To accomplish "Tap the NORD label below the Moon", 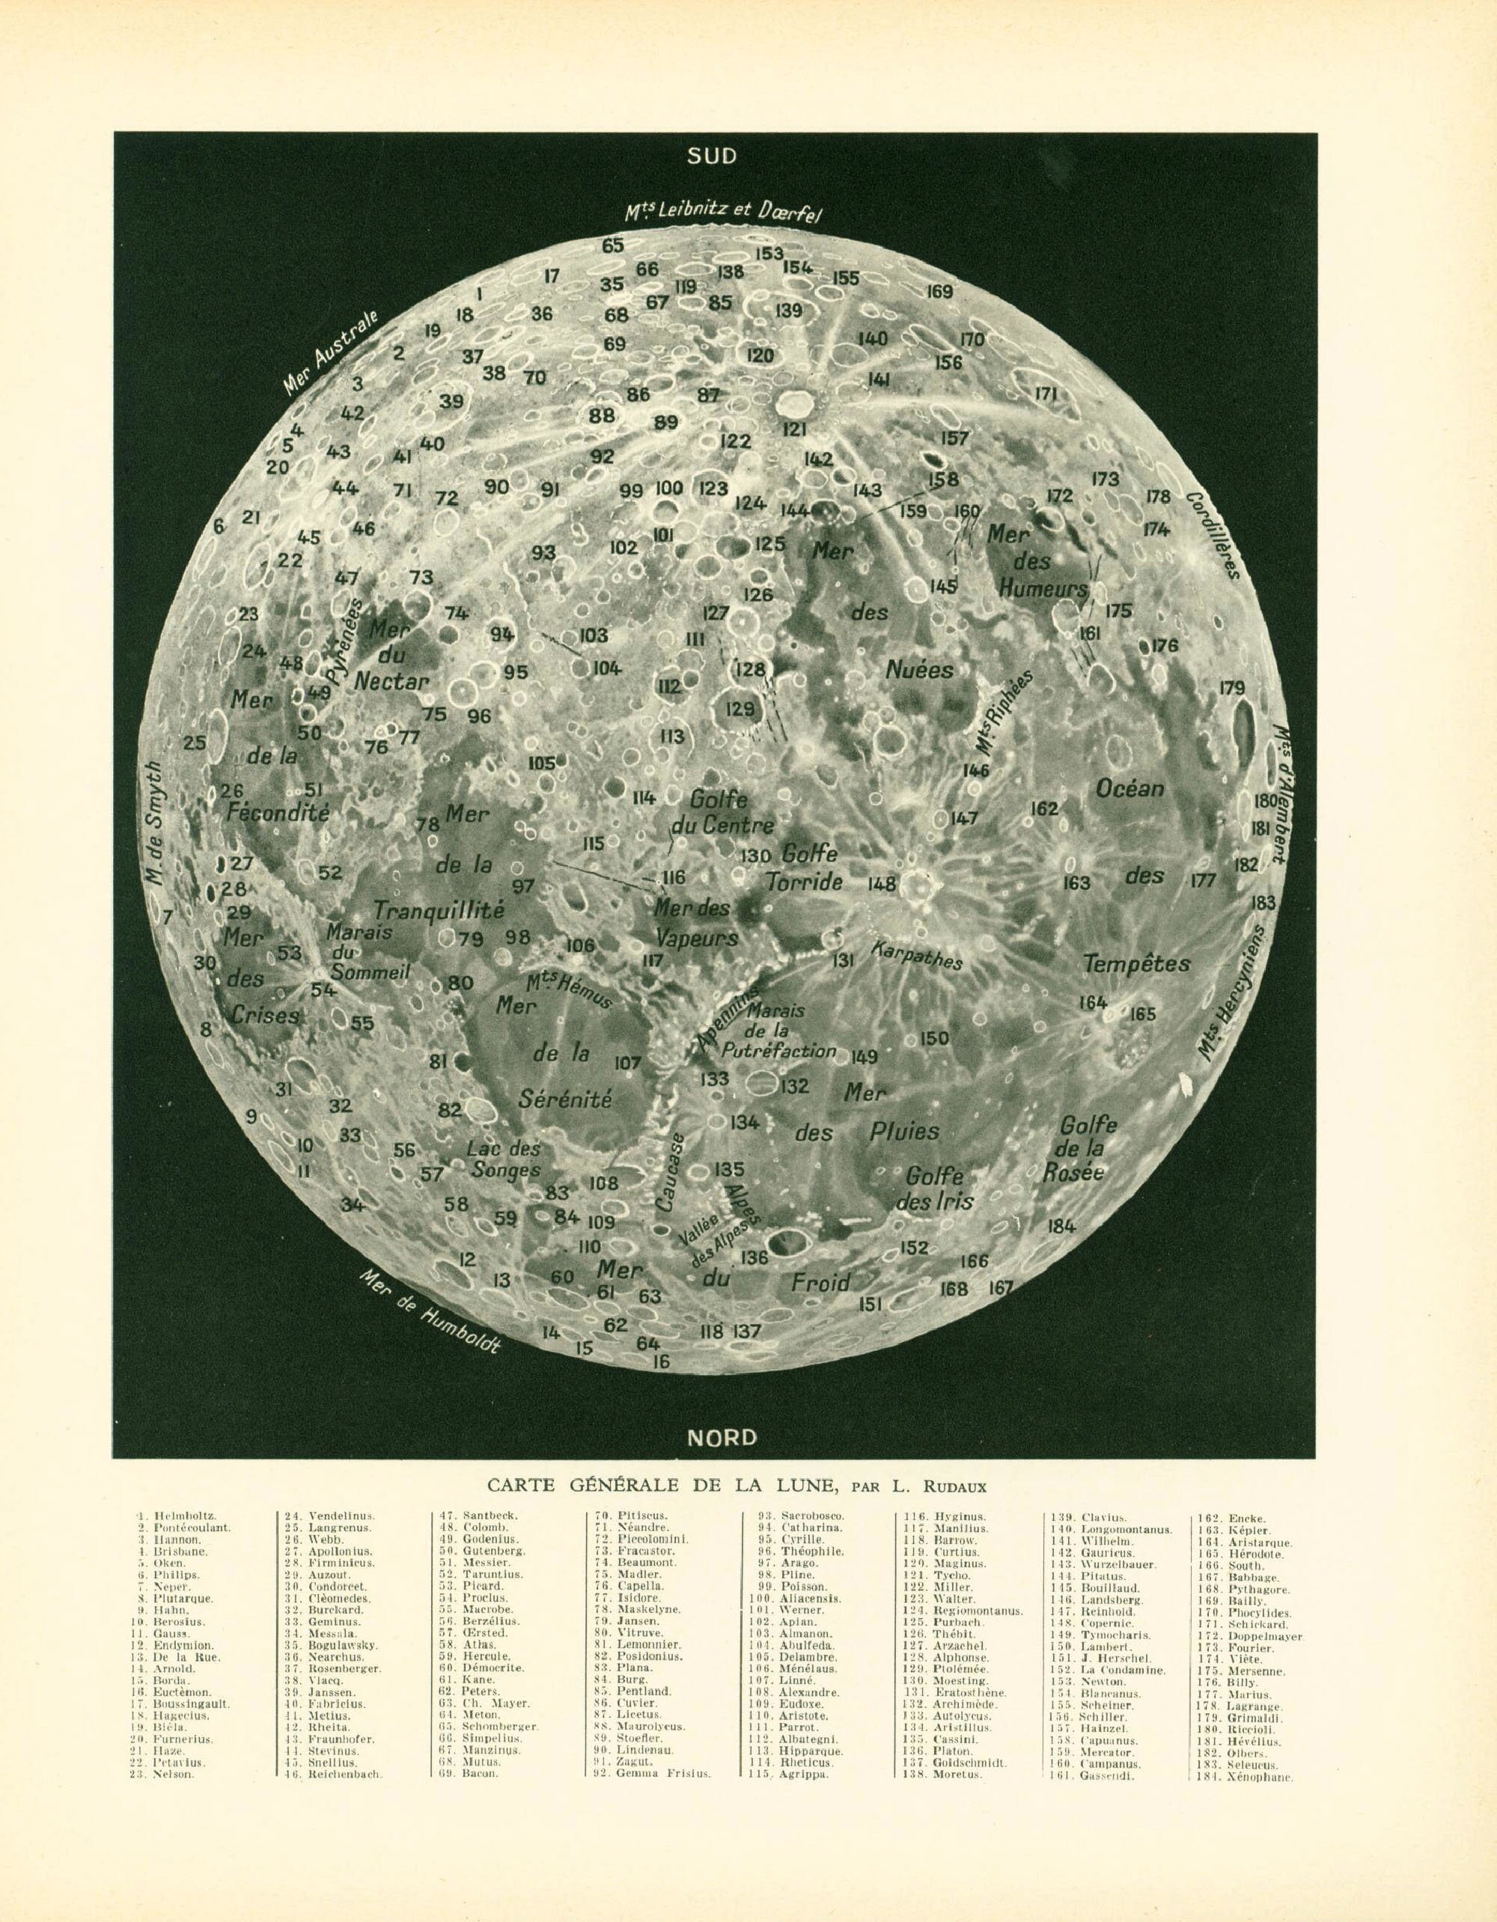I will coord(722,1437).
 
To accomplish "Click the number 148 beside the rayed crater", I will coord(881,884).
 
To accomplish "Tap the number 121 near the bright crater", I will coord(795,429).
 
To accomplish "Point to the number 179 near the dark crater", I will coord(1232,687).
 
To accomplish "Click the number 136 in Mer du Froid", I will coord(754,1257).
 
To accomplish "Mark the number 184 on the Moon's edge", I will coord(1062,1226).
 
